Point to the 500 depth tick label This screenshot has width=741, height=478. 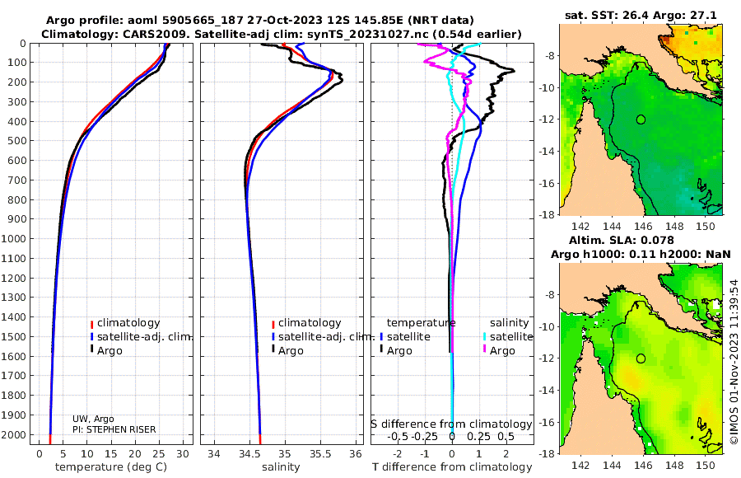click(16, 141)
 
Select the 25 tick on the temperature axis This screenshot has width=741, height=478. click(159, 454)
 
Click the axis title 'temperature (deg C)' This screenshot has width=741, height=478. click(111, 467)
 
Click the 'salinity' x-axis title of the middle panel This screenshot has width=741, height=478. click(281, 467)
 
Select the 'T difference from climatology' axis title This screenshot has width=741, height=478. click(452, 467)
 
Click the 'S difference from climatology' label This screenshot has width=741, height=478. click(451, 424)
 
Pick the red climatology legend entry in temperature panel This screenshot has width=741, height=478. click(125, 323)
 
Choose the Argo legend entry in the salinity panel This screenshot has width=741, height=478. click(288, 351)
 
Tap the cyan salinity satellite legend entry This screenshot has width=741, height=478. click(507, 337)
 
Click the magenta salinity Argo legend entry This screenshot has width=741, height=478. click(499, 351)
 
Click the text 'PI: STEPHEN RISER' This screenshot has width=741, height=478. click(114, 429)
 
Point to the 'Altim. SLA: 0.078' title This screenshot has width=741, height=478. click(621, 241)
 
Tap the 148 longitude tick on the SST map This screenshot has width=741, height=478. click(674, 227)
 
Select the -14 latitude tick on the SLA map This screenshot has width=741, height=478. click(548, 391)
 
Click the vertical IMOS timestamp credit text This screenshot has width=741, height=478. click(734, 362)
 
